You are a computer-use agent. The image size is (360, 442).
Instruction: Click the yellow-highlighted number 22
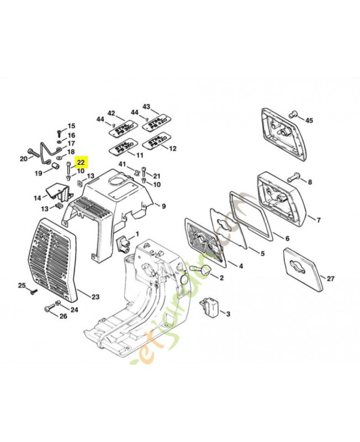[81, 162]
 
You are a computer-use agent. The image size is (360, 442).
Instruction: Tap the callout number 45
[309, 120]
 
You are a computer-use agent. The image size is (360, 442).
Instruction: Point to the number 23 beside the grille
[96, 297]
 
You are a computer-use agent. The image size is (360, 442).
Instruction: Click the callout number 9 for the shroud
[163, 206]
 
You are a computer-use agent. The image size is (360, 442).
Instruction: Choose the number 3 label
[228, 313]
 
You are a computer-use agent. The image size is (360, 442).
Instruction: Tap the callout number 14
[37, 197]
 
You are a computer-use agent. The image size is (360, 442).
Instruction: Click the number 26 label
[62, 316]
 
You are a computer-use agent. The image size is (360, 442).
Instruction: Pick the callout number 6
[287, 239]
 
